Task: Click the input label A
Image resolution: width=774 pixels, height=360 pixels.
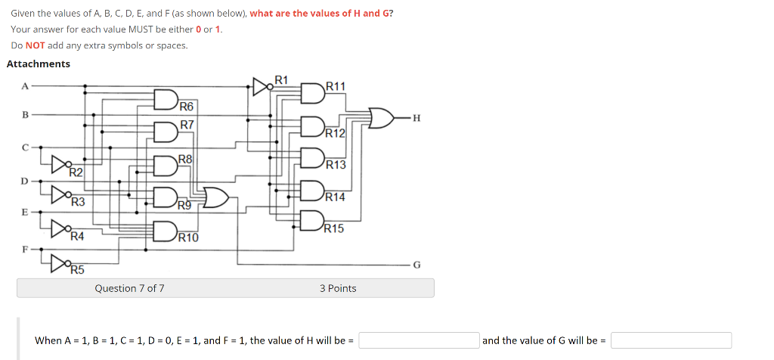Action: click(24, 86)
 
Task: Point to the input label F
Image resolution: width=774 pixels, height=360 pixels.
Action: click(24, 247)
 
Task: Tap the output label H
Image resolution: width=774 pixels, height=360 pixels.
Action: click(416, 118)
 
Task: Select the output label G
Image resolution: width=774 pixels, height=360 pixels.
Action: click(416, 265)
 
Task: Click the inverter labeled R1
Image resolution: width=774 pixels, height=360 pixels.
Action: click(261, 86)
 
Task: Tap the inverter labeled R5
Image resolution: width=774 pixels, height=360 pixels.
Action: click(60, 262)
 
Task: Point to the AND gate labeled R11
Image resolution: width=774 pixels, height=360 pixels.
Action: click(311, 92)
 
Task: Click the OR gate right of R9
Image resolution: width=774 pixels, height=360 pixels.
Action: click(215, 197)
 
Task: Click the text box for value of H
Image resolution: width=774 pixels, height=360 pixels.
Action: click(419, 340)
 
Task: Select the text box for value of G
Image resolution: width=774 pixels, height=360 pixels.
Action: click(671, 340)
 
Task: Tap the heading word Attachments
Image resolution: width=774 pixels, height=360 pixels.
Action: click(39, 64)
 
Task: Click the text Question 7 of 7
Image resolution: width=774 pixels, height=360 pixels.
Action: click(129, 288)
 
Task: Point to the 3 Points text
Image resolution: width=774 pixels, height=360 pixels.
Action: click(338, 288)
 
